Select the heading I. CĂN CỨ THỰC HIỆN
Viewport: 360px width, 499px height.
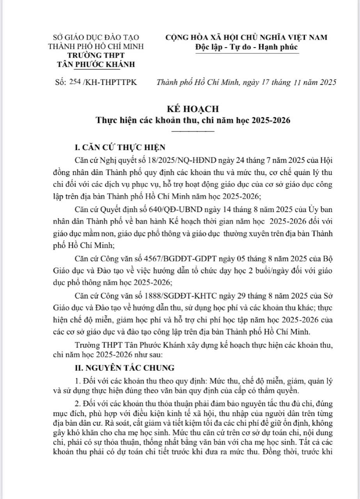tap(120, 147)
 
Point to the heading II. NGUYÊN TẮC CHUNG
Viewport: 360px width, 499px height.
tap(125, 367)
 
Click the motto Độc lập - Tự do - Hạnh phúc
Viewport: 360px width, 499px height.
tap(247, 47)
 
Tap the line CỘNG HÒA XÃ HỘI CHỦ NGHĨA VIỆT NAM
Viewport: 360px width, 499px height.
tap(247, 37)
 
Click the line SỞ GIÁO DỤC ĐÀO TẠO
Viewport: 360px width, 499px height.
tap(96, 38)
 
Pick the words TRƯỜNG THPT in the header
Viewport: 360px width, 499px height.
tap(96, 55)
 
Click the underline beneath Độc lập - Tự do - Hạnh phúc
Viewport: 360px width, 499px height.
tap(247, 53)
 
